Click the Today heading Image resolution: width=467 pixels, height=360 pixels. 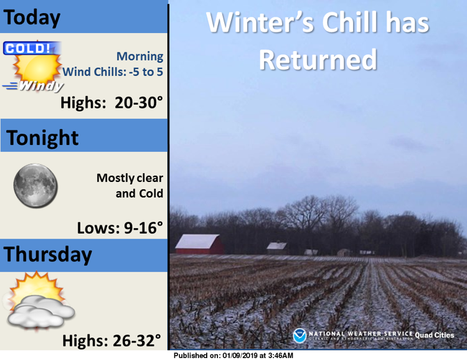pyautogui.click(x=32, y=18)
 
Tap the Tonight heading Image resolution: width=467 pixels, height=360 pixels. pyautogui.click(x=42, y=138)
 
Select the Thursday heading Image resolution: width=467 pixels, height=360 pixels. pyautogui.click(x=48, y=255)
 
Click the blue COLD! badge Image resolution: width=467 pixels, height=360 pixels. pyautogui.click(x=31, y=49)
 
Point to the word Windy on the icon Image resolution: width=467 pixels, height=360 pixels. pyautogui.click(x=41, y=86)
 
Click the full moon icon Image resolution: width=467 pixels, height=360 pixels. pyautogui.click(x=35, y=186)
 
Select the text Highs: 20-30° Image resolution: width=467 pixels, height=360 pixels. pyautogui.click(x=111, y=103)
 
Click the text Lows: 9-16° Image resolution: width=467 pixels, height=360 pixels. pyautogui.click(x=120, y=228)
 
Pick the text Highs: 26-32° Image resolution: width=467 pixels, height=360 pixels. pyautogui.click(x=111, y=341)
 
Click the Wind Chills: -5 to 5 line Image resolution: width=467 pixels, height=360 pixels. pyautogui.click(x=113, y=72)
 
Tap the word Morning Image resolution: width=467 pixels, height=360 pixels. pyautogui.click(x=139, y=56)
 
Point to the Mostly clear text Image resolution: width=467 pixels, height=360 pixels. pyautogui.click(x=130, y=178)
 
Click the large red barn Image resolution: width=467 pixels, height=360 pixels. pyautogui.click(x=199, y=244)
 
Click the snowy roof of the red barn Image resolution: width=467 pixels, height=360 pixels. pyautogui.click(x=197, y=242)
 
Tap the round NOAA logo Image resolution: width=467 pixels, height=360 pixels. pyautogui.click(x=300, y=336)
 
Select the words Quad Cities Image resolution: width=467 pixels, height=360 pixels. pyautogui.click(x=435, y=335)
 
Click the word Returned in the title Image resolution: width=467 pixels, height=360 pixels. pyautogui.click(x=318, y=60)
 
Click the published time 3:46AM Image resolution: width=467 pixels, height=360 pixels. pyautogui.click(x=281, y=356)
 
